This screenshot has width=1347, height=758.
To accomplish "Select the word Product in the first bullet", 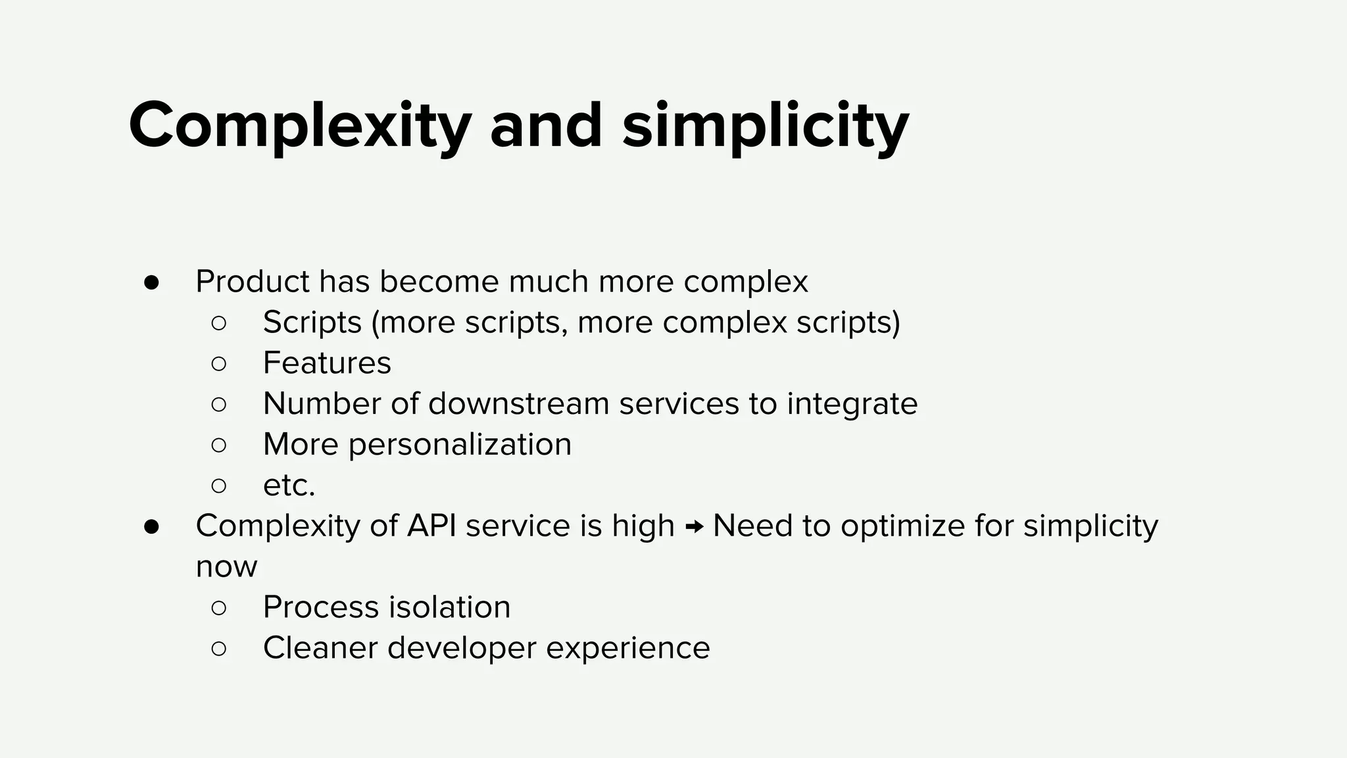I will click(252, 282).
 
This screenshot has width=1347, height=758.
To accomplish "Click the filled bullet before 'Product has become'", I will click(151, 282).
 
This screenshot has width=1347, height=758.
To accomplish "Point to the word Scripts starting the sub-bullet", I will click(312, 322).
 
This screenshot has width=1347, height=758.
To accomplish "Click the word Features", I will click(327, 363).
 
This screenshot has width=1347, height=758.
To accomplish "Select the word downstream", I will click(518, 403).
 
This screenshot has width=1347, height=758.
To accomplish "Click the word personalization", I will click(460, 444).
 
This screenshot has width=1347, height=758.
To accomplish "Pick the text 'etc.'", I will click(289, 486).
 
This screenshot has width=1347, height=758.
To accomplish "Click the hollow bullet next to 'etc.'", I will click(219, 486).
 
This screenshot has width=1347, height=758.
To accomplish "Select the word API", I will click(431, 526).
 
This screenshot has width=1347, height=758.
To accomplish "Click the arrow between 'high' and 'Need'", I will click(694, 526).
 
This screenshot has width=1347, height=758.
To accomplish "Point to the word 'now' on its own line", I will click(226, 567).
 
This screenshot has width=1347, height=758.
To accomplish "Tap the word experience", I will click(627, 647).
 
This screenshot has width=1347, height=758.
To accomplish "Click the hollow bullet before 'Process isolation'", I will click(219, 607).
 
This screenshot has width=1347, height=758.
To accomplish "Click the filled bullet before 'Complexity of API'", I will click(151, 526).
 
